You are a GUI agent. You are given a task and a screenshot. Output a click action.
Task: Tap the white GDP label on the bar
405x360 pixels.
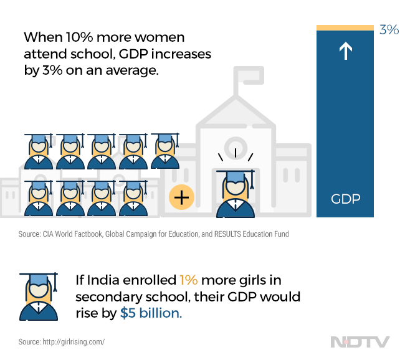pyautogui.click(x=345, y=200)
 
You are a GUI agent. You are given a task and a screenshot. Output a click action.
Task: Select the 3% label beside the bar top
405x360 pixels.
pyautogui.click(x=389, y=29)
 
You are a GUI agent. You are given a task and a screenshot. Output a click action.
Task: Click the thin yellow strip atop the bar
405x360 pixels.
pyautogui.click(x=345, y=27)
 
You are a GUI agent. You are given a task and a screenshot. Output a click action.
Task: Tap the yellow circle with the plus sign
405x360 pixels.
pyautogui.click(x=182, y=198)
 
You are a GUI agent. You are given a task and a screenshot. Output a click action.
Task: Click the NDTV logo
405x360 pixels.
pyautogui.click(x=360, y=342)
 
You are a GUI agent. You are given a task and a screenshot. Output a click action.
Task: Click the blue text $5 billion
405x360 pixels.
pyautogui.click(x=151, y=313)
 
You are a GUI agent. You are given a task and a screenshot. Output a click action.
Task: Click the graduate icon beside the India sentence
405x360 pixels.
pyautogui.click(x=39, y=296)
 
